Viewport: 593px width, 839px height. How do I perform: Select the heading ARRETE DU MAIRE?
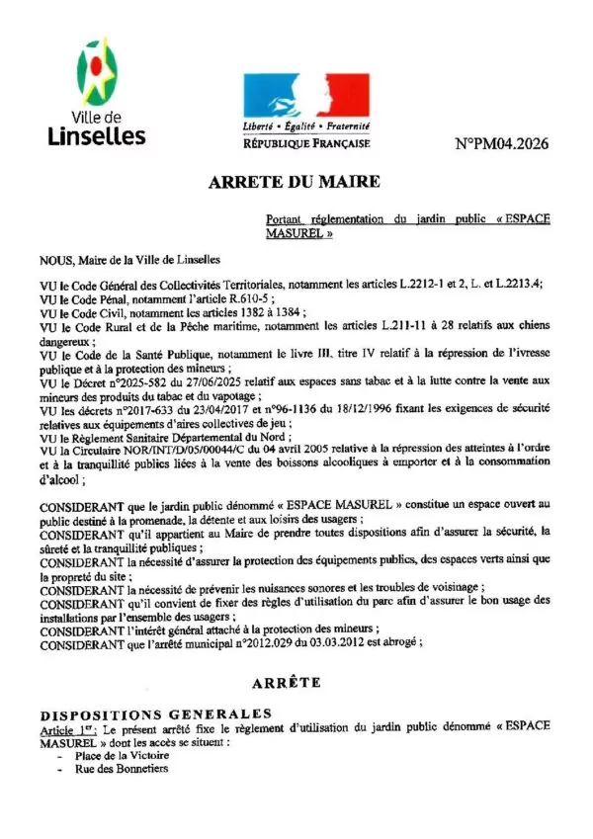tap(294, 183)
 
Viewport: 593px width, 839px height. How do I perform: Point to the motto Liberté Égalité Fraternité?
tap(305, 127)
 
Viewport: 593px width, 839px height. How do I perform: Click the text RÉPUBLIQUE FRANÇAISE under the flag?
tap(305, 143)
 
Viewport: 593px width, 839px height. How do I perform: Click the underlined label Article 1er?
tap(61, 726)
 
